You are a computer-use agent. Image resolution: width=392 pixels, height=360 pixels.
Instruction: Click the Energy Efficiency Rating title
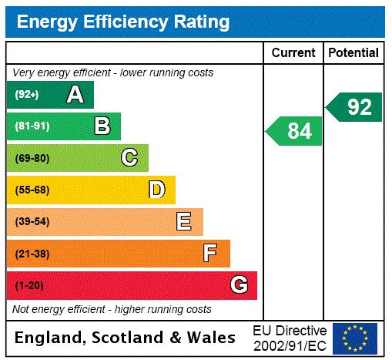coord(123,22)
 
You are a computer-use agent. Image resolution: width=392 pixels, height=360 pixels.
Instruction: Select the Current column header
coord(293,53)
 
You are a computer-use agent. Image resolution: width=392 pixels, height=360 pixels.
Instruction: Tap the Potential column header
coord(353,53)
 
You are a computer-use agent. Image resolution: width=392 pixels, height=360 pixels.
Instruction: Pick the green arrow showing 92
coord(355,107)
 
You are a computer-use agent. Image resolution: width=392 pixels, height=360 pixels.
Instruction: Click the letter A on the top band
coord(75,95)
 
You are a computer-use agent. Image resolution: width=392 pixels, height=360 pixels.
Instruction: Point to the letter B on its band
coord(102,126)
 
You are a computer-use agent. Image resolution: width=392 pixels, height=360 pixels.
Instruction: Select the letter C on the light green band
coord(129,158)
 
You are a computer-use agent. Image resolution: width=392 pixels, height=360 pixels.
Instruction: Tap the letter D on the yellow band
coord(156,190)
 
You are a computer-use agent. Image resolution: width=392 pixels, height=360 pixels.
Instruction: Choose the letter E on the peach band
coord(183,222)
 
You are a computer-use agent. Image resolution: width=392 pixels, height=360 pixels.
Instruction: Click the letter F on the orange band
coord(210,253)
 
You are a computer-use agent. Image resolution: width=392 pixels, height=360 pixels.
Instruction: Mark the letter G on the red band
coord(239,285)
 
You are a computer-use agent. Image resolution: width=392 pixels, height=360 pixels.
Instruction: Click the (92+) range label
coord(26,95)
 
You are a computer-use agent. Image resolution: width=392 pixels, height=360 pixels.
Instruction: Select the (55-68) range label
coord(32,190)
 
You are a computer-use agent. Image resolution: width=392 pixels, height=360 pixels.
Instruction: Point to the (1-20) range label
coord(29,285)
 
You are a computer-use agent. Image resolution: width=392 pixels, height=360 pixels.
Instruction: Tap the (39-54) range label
coord(32,222)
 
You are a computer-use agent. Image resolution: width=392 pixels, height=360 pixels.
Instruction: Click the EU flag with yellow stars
coord(355,338)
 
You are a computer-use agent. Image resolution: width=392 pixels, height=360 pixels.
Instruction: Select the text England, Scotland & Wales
coord(126,338)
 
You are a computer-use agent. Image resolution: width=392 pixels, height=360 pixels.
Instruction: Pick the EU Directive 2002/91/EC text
coord(290,338)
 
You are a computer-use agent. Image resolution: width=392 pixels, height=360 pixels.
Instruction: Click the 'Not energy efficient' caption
coord(112,309)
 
